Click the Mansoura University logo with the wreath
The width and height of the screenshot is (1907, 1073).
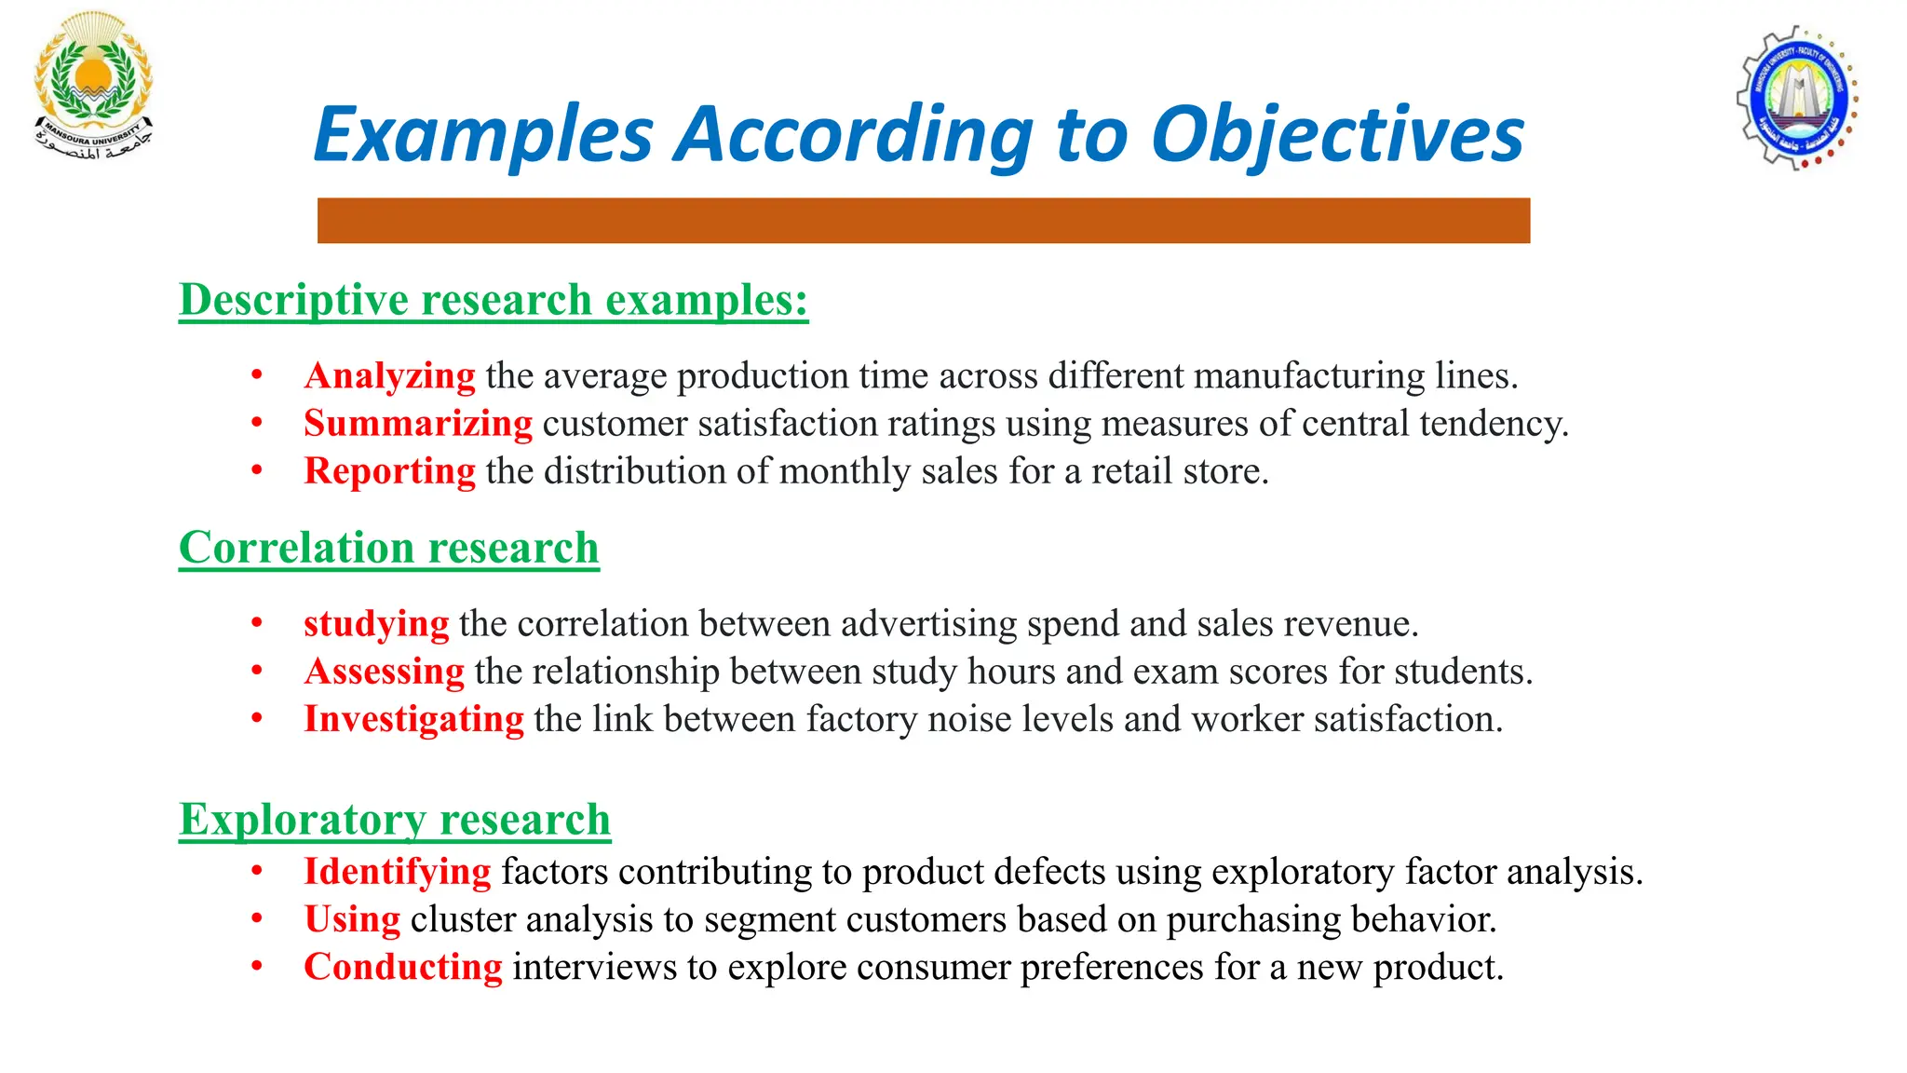(x=93, y=86)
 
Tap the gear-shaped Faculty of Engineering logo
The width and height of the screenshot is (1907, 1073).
(x=1797, y=98)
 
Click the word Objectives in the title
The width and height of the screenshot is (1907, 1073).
(x=1337, y=135)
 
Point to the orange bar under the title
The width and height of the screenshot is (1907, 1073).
(x=923, y=221)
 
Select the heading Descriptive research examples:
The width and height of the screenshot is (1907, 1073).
(x=494, y=300)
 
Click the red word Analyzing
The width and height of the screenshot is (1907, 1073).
(x=389, y=375)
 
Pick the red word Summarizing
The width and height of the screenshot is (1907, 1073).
(x=418, y=423)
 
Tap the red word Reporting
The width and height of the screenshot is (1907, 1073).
(x=389, y=470)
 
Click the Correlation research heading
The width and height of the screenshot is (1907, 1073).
(x=389, y=548)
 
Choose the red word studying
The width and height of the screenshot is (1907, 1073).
(x=376, y=623)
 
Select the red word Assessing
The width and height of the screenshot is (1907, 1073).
(x=384, y=671)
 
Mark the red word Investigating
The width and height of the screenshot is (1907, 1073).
(x=413, y=718)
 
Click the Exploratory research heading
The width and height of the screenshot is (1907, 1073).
(x=395, y=820)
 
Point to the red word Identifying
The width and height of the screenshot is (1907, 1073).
(x=397, y=871)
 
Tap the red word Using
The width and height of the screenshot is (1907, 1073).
(x=352, y=918)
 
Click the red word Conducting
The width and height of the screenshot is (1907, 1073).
(x=402, y=966)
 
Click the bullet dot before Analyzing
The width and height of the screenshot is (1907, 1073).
(x=257, y=375)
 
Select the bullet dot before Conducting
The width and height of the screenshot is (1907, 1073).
(x=257, y=966)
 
